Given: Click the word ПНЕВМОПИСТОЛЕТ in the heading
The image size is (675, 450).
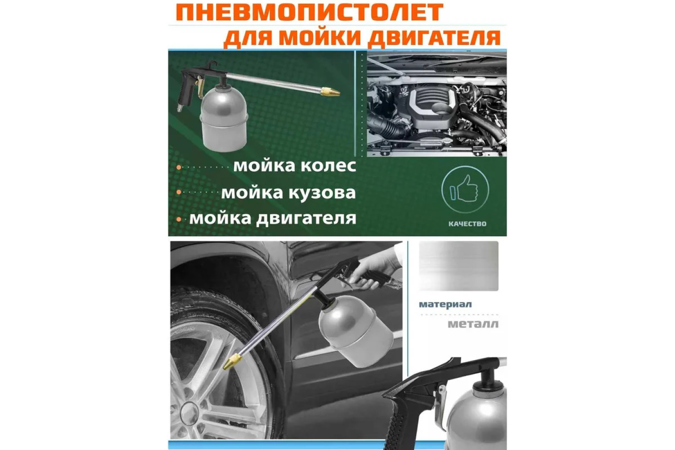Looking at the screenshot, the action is (x=309, y=13).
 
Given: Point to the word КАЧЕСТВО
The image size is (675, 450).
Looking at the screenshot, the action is (x=468, y=224).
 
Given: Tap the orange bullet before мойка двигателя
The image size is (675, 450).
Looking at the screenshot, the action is (x=179, y=220).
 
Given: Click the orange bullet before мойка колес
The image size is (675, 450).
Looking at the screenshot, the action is (x=179, y=167).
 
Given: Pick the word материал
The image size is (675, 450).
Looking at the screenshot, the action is (x=445, y=304).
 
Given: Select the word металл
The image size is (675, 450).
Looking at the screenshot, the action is (x=473, y=324).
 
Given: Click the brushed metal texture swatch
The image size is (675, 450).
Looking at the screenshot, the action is (x=459, y=266).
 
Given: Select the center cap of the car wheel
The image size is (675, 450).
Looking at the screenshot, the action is (x=189, y=413).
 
